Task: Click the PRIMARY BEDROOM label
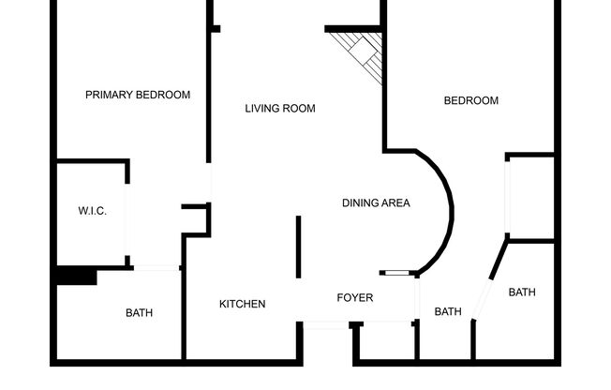(138, 95)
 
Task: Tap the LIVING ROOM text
(280, 109)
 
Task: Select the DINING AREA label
(376, 202)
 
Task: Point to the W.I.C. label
(92, 211)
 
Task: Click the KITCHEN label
(243, 304)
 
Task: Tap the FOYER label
(355, 298)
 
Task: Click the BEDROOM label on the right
(470, 101)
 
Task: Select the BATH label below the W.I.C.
(139, 313)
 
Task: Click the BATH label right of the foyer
(448, 312)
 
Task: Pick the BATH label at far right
(522, 292)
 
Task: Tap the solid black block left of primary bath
(76, 276)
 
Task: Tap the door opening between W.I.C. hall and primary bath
(156, 269)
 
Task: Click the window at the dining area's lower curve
(398, 273)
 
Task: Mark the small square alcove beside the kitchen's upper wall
(195, 220)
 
